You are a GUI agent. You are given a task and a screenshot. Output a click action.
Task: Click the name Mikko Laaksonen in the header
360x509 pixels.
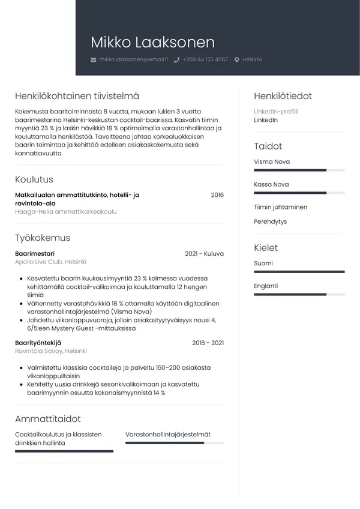tap(152, 42)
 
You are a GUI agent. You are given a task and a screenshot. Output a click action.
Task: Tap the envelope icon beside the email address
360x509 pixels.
tap(93, 60)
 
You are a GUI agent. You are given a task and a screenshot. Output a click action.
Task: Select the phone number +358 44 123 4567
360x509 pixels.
tap(205, 59)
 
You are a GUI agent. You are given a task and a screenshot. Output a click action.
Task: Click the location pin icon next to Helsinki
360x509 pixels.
tap(237, 60)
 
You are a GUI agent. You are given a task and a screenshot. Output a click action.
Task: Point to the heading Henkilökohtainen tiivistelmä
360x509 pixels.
tap(77, 96)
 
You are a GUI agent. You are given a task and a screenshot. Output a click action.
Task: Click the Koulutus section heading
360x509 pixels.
tap(34, 179)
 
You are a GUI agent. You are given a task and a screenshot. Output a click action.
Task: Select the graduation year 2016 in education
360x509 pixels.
tap(217, 195)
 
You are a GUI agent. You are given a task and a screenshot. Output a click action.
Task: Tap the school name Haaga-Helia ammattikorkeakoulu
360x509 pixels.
tap(66, 212)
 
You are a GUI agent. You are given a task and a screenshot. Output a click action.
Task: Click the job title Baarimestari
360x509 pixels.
tap(34, 254)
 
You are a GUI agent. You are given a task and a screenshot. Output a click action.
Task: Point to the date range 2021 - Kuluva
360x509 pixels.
tap(204, 254)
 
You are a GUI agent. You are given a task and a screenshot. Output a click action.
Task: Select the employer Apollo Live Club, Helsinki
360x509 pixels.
tap(51, 262)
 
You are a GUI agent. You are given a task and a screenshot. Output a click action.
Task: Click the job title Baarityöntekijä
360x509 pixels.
tap(38, 343)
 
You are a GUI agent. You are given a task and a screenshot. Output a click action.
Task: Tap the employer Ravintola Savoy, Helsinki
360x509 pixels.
tap(51, 351)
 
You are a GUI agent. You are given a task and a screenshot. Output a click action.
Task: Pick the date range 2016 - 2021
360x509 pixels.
tap(208, 343)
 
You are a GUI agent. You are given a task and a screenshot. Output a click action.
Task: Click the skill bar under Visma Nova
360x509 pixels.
tap(299, 170)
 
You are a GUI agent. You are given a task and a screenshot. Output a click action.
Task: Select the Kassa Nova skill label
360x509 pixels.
tap(271, 184)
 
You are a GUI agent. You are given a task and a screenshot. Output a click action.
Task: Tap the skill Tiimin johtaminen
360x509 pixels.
tap(280, 207)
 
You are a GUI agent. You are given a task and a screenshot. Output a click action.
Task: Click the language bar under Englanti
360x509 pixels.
tap(299, 295)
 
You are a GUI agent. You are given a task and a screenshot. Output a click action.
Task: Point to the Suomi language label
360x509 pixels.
tap(263, 264)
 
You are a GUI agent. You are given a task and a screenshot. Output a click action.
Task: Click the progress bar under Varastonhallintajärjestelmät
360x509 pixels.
tap(174, 443)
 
